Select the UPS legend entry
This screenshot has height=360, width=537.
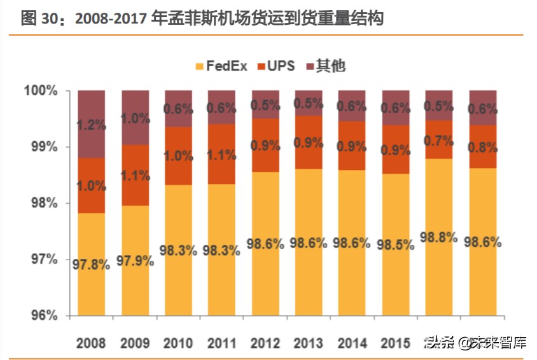277,65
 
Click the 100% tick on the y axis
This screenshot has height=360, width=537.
41,91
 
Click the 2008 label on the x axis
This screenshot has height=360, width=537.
91,343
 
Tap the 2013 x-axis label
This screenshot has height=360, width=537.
309,343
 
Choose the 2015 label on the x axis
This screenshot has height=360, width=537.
395,343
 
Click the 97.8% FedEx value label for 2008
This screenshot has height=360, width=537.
91,265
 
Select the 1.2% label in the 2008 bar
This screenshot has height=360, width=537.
91,125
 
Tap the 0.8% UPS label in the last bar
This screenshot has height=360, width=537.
482,147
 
